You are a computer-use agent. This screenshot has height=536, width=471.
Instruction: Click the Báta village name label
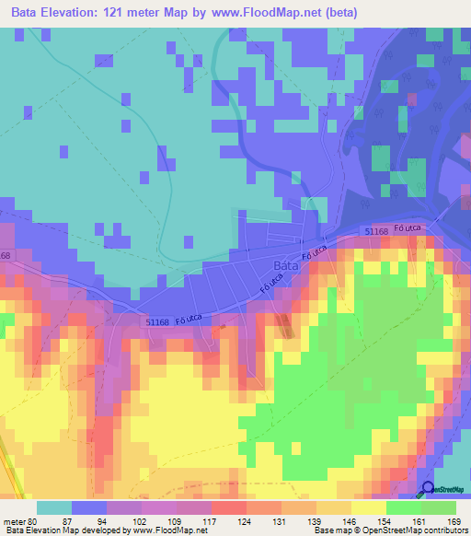pyautogui.click(x=284, y=267)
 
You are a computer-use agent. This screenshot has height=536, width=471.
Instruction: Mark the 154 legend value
pyautogui.click(x=386, y=520)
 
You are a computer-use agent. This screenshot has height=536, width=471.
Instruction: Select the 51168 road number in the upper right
pyautogui.click(x=376, y=232)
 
